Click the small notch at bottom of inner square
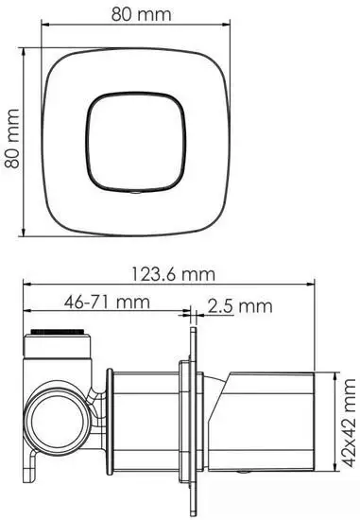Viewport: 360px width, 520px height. tap(135, 189)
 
